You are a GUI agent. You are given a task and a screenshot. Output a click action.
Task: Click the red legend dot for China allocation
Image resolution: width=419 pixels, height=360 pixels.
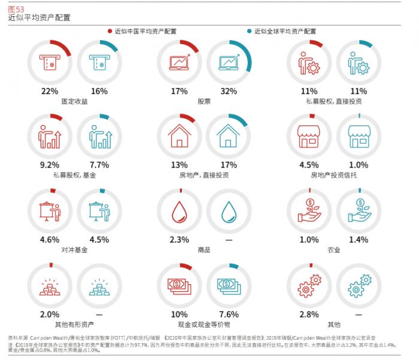(110, 31)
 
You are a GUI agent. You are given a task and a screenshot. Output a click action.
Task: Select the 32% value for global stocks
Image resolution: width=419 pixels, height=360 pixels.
(229, 91)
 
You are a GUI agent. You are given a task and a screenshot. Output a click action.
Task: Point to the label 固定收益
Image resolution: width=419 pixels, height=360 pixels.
(74, 102)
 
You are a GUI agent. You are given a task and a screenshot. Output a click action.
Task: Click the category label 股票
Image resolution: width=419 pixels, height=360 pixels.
(204, 102)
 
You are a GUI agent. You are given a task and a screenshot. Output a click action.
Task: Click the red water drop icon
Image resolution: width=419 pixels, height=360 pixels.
(180, 211)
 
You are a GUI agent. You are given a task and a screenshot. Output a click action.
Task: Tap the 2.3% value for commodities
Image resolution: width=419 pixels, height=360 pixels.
(180, 239)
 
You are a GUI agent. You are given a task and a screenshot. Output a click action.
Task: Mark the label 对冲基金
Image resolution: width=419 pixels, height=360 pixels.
(74, 249)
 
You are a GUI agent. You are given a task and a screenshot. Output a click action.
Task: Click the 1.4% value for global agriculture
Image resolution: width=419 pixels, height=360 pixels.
(359, 239)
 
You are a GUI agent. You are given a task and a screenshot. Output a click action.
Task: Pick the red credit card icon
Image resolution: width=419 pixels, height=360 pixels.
(50, 61)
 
